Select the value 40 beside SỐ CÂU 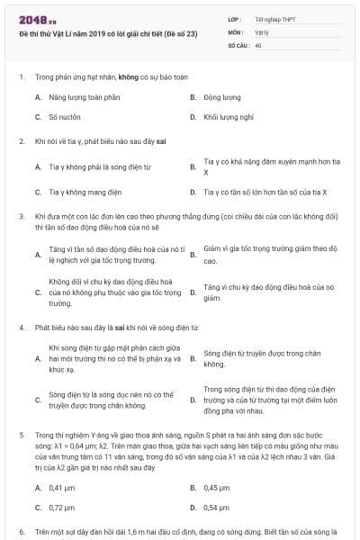pos(258,43)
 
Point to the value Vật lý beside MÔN pos(262,31)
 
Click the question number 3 pos(21,217)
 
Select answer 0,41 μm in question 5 pos(61,487)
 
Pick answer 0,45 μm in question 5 pos(217,487)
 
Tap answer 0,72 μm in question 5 pos(61,507)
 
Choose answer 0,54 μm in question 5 pos(217,507)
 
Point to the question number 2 pos(21,141)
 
